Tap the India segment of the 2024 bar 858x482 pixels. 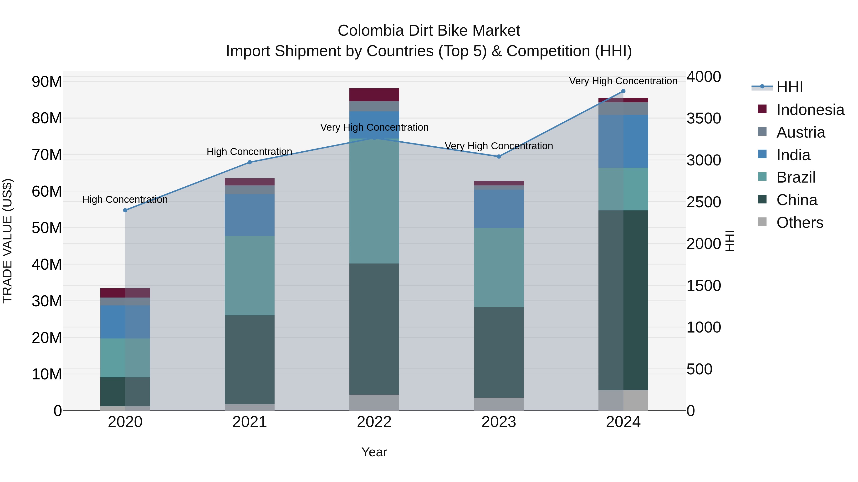[x=623, y=141]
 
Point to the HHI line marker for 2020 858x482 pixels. [x=125, y=210]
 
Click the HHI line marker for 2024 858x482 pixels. [x=623, y=91]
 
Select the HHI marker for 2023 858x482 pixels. [x=499, y=156]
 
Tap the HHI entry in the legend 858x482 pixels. [x=789, y=87]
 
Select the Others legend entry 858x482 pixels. [x=799, y=223]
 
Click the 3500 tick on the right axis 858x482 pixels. [x=704, y=119]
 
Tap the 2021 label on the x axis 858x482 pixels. [x=250, y=422]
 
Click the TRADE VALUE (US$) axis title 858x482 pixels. [x=7, y=241]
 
